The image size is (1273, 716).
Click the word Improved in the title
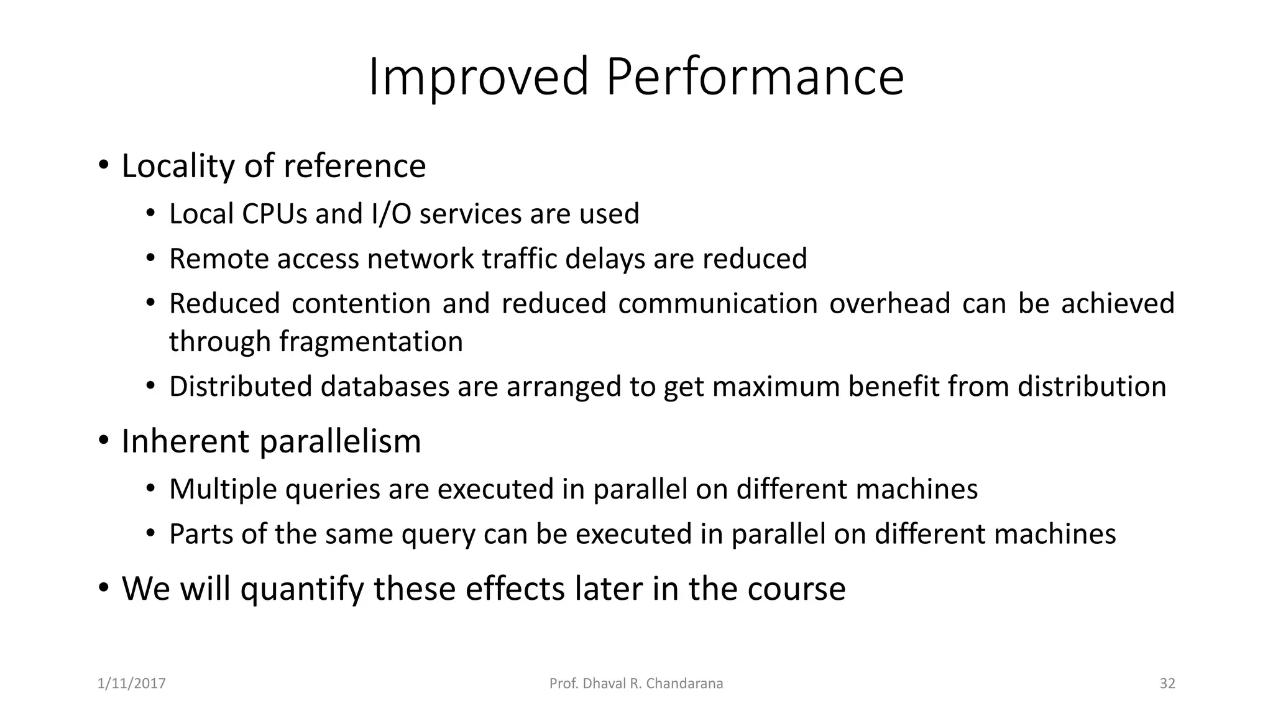pyautogui.click(x=478, y=77)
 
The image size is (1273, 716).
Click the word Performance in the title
pyautogui.click(x=755, y=77)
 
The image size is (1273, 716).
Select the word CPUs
pyautogui.click(x=274, y=214)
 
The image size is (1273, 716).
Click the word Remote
pyautogui.click(x=219, y=259)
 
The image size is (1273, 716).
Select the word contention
pyautogui.click(x=361, y=303)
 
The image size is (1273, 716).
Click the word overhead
pyautogui.click(x=889, y=303)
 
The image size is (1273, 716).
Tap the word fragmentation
pyautogui.click(x=370, y=342)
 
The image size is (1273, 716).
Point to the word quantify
pyautogui.click(x=301, y=589)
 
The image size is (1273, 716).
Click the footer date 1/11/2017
pyautogui.click(x=132, y=684)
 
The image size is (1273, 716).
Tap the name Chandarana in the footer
pyautogui.click(x=684, y=684)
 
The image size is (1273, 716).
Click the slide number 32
pyautogui.click(x=1167, y=684)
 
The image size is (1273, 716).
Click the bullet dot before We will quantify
pyautogui.click(x=104, y=587)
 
